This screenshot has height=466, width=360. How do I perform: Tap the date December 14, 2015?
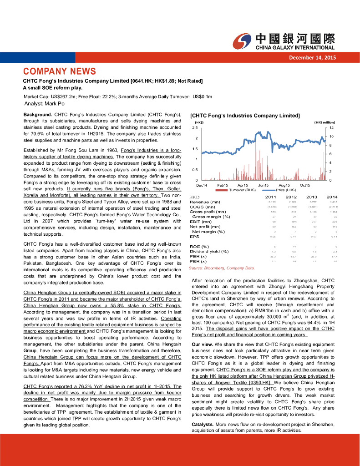click(313, 57)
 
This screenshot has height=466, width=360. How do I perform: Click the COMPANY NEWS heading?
click(60, 71)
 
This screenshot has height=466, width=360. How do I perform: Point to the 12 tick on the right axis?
click(332, 128)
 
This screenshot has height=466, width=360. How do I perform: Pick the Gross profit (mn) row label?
click(208, 212)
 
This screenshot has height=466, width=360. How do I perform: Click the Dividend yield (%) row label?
click(209, 251)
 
